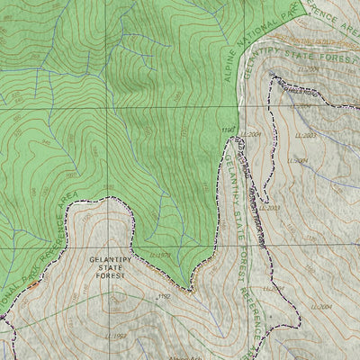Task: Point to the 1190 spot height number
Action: pyautogui.click(x=228, y=130)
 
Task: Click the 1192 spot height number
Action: pyautogui.click(x=163, y=295)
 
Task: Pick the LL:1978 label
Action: pyautogui.click(x=160, y=256)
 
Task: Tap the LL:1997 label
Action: pyautogui.click(x=115, y=336)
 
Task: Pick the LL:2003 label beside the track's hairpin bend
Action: pyautogui.click(x=273, y=208)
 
